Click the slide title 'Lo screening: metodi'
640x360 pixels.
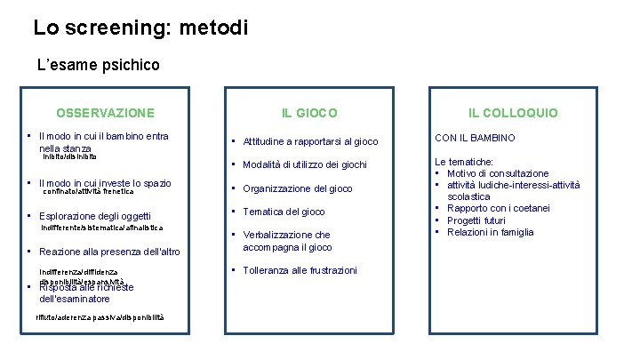[x=140, y=27]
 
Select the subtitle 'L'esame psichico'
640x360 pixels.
[x=98, y=65]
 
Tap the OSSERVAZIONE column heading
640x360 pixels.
[x=105, y=113]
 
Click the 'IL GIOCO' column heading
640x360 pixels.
[x=309, y=113]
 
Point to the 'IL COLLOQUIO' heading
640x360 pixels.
[x=514, y=113]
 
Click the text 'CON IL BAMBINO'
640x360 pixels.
[x=474, y=138]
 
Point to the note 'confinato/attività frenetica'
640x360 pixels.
[x=89, y=191]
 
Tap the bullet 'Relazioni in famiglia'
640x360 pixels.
[x=490, y=232]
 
